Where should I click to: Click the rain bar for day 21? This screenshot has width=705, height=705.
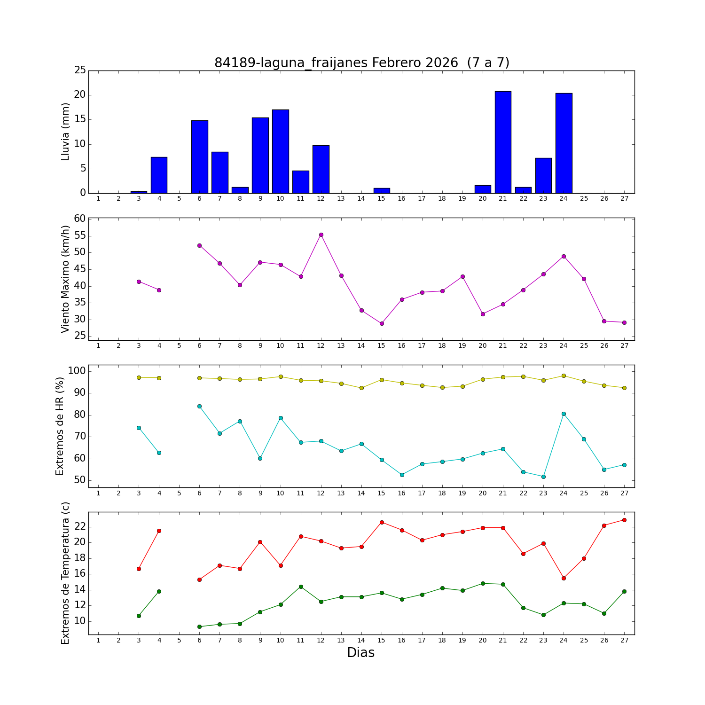[503, 142]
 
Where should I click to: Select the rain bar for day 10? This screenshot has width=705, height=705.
[281, 151]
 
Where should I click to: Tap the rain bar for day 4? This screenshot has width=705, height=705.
[159, 175]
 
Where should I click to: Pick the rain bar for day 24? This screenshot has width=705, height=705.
[564, 143]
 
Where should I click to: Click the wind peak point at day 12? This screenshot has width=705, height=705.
[321, 235]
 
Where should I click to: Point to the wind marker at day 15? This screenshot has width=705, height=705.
[382, 323]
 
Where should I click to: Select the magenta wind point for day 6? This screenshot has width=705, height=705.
[199, 245]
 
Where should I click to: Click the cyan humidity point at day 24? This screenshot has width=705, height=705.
[564, 414]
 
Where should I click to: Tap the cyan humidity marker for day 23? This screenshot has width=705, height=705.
[543, 477]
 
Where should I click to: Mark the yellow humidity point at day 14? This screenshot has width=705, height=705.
[361, 388]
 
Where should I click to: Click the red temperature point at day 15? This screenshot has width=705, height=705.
[382, 522]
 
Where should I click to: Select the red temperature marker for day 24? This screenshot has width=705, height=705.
[564, 578]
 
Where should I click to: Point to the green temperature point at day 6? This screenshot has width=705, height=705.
[199, 627]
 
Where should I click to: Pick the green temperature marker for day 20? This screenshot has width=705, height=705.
[483, 583]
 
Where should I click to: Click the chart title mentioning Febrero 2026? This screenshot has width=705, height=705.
[361, 63]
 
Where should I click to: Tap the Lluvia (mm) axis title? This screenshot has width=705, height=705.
[65, 132]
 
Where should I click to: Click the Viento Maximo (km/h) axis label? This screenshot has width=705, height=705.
[65, 279]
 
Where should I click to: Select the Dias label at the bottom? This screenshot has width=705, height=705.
[360, 652]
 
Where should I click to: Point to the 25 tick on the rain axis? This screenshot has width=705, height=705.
[80, 70]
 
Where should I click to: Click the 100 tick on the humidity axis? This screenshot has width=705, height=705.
[77, 371]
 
